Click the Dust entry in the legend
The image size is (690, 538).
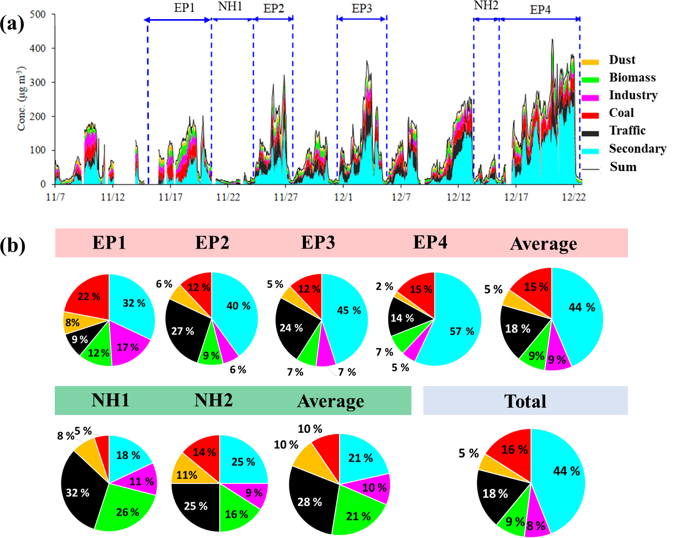click(622, 60)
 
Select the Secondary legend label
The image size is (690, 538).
click(637, 149)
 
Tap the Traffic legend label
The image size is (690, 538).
click(627, 131)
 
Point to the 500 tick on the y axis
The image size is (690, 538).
click(38, 14)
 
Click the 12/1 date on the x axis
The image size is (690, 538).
click(343, 197)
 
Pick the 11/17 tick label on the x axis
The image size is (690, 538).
click(170, 197)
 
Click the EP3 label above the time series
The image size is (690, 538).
click(362, 9)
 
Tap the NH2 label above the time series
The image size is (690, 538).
click(486, 6)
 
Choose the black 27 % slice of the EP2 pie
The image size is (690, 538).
click(183, 331)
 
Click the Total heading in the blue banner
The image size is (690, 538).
click(525, 401)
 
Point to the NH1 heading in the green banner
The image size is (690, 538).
click(110, 400)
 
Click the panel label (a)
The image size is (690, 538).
click(12, 23)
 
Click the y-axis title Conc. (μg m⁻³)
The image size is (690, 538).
click(21, 98)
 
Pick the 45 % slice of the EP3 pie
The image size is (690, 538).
click(347, 311)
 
